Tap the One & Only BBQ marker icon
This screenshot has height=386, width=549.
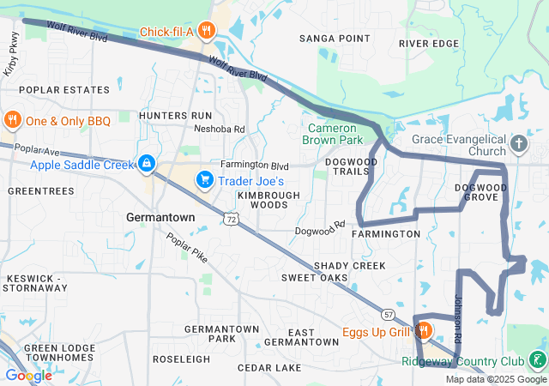pyautogui.click(x=12, y=120)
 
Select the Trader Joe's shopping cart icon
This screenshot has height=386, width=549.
pyautogui.click(x=204, y=179)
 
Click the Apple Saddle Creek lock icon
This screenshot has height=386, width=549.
pyautogui.click(x=147, y=162)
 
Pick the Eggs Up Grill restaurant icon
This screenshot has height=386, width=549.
pyautogui.click(x=423, y=331)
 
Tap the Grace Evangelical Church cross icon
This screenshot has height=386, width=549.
pyautogui.click(x=518, y=143)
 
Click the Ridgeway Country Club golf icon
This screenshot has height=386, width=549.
pyautogui.click(x=537, y=360)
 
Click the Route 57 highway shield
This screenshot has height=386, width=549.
pyautogui.click(x=389, y=314)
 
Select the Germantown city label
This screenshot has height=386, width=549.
pyautogui.click(x=160, y=218)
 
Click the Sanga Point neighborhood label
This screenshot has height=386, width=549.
pyautogui.click(x=335, y=39)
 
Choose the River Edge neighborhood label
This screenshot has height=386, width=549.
pyautogui.click(x=429, y=43)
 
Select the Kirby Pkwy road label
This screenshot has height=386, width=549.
pyautogui.click(x=13, y=56)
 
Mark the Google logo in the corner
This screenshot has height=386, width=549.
pyautogui.click(x=28, y=375)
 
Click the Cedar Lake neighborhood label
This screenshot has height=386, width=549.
pyautogui.click(x=269, y=368)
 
